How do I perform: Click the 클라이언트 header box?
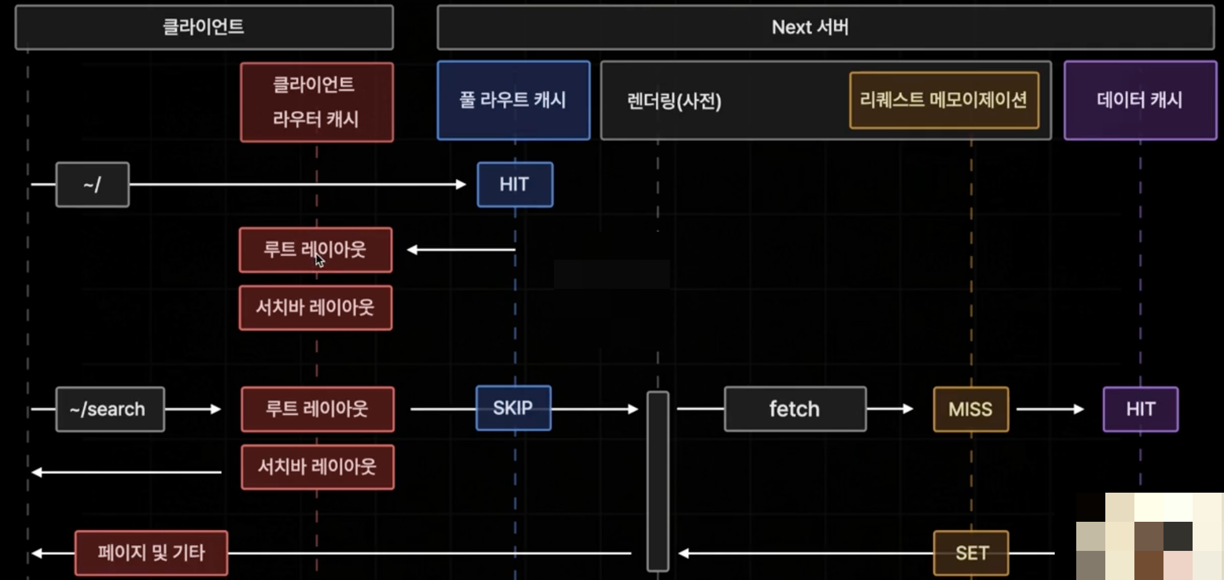204,27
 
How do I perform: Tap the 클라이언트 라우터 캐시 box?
316,102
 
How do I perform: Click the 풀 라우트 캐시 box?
513,100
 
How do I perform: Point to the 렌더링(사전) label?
674,101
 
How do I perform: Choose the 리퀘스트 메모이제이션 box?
944,100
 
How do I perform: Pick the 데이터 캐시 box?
1140,100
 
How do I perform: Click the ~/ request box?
92,185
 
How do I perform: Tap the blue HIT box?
515,185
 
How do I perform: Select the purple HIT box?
1140,409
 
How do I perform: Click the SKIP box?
513,408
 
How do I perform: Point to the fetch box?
795,409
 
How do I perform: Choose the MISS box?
970,409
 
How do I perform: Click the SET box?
971,553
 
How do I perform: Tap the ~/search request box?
109,409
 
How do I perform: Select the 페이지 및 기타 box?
151,553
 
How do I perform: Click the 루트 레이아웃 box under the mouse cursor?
315,250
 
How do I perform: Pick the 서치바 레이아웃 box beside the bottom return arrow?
317,467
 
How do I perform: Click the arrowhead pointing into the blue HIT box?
461,185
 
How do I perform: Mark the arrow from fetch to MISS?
890,409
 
